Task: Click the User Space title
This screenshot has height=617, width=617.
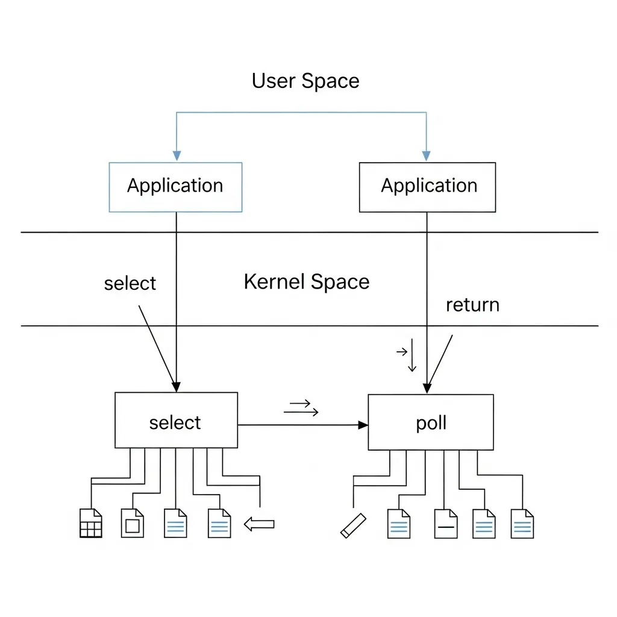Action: point(305,81)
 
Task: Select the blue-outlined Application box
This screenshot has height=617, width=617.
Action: point(175,186)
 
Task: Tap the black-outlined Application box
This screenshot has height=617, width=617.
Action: point(428,186)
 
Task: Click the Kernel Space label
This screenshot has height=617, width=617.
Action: point(307,281)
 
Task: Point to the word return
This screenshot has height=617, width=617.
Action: point(472,305)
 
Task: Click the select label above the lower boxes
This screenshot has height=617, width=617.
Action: point(130,283)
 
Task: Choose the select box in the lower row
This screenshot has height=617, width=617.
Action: point(176,421)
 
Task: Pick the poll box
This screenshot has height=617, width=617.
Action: point(431,422)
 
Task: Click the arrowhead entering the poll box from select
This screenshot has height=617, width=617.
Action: point(363,425)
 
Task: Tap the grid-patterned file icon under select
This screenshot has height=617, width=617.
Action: point(91,523)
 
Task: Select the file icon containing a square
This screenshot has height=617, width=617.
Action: point(133,523)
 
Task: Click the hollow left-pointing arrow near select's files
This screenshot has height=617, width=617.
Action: point(259,525)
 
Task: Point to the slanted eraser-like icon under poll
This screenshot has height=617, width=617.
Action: point(353,525)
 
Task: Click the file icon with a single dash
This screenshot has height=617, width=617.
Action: point(446,523)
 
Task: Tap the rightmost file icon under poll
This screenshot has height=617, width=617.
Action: point(522,523)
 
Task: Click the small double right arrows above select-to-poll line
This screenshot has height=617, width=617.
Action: point(301,408)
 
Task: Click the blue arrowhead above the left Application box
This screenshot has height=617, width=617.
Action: point(177,155)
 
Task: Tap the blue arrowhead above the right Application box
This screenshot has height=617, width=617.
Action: point(426,155)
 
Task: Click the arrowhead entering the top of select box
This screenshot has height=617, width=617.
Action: point(176,386)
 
